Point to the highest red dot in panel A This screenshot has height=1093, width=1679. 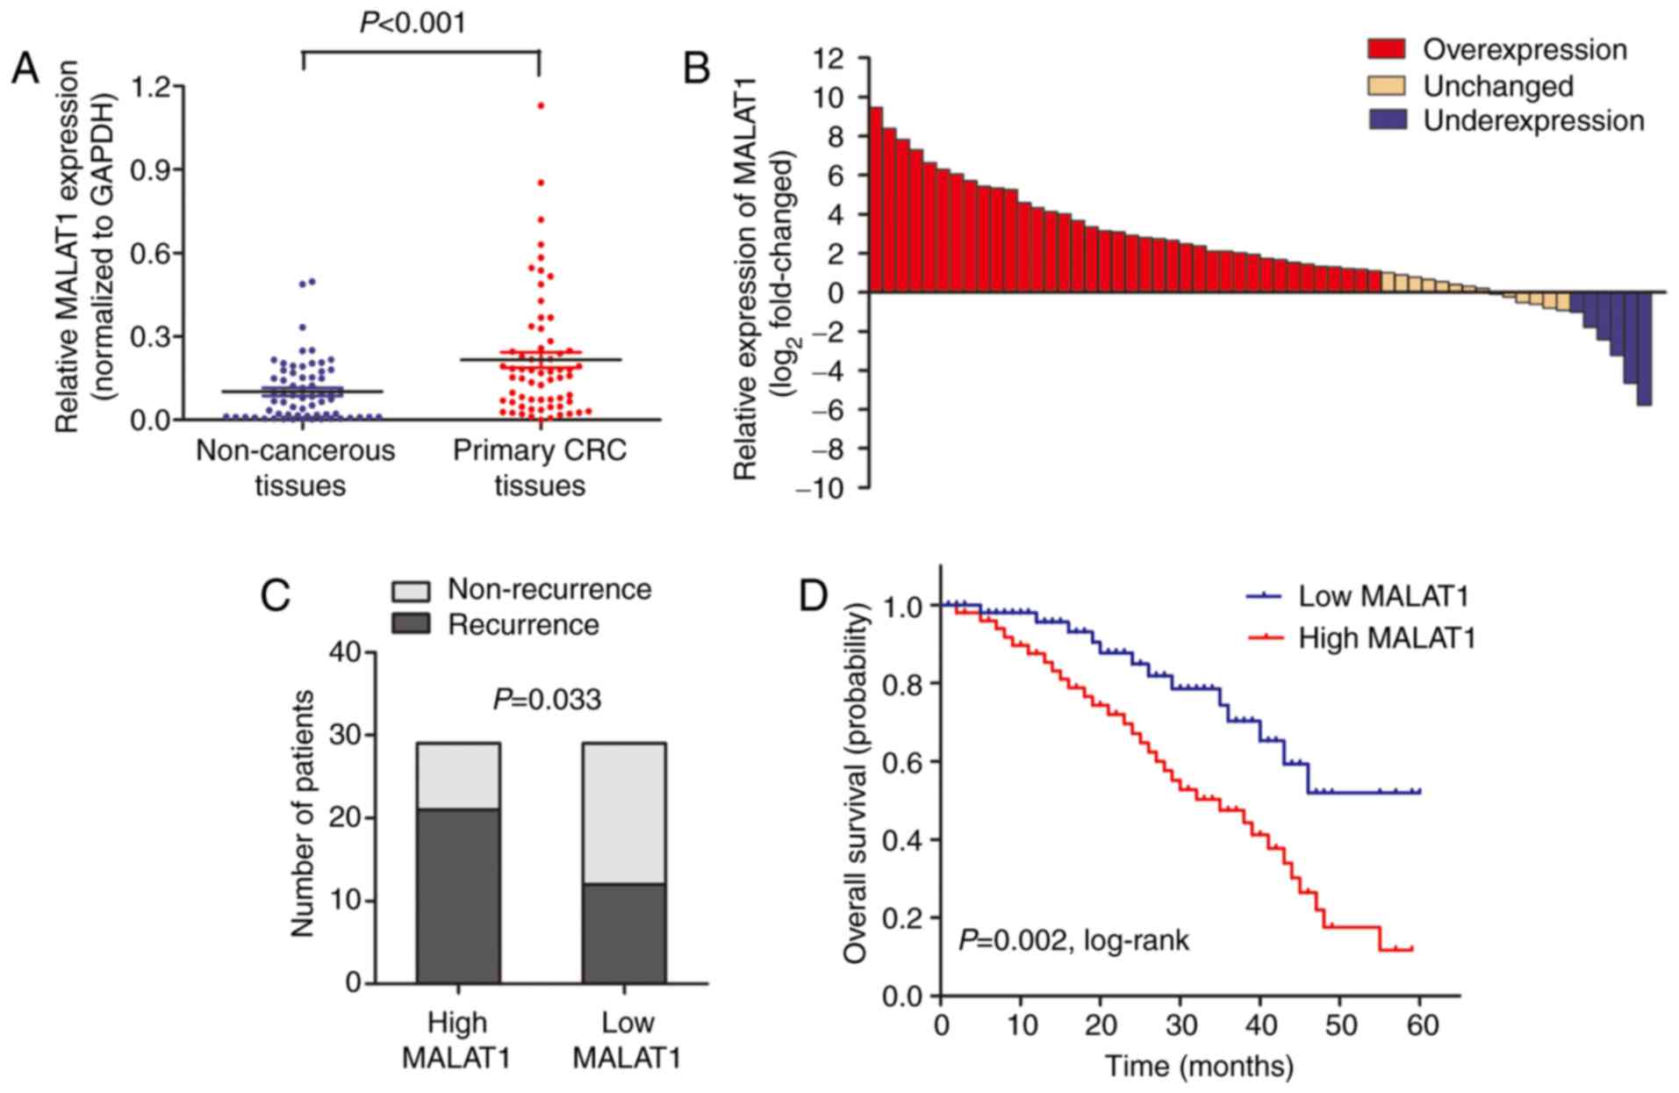point(541,105)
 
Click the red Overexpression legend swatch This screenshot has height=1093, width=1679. point(1387,50)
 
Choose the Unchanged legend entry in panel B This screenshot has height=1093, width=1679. point(1497,86)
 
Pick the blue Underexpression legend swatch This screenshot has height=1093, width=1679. point(1387,120)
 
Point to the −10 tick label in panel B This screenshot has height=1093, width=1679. point(821,488)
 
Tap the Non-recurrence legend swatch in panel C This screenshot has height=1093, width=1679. point(410,590)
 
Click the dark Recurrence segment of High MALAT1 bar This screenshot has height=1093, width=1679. point(458,895)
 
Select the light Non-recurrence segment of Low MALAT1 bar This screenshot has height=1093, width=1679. point(624,813)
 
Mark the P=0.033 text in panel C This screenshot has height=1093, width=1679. point(547,700)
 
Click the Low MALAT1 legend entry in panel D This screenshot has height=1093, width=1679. point(1382,597)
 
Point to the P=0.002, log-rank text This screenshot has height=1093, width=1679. point(1073,941)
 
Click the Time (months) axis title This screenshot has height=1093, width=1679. point(1199,1067)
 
